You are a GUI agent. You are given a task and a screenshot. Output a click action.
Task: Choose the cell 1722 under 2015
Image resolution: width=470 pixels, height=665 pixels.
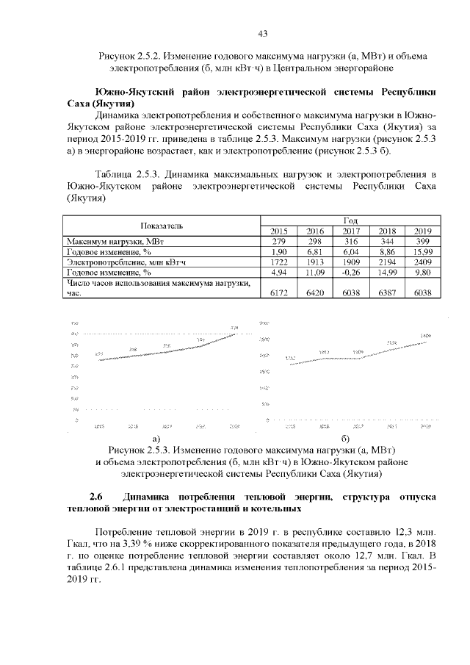[x=279, y=261]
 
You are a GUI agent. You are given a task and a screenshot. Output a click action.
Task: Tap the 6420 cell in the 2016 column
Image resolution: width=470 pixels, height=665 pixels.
[x=315, y=292]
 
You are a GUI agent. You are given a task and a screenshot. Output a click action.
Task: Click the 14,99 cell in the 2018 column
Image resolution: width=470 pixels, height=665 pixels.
[x=386, y=271]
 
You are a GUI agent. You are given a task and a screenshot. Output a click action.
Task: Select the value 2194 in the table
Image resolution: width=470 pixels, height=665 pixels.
[x=386, y=261]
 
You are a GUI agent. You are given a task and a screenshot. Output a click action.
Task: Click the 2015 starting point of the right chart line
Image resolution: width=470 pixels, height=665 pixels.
[x=290, y=362]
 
